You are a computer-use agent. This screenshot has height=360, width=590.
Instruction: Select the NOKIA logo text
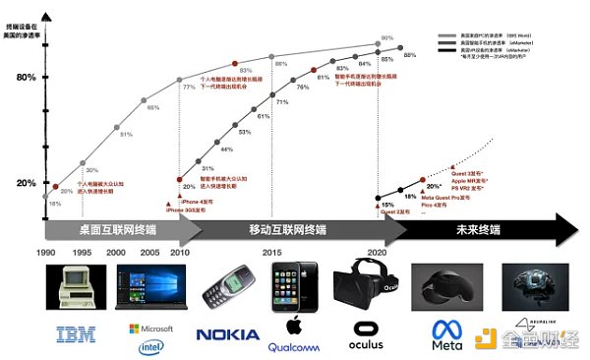coord(228,335)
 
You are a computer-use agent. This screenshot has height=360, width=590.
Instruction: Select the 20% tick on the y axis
coord(26,184)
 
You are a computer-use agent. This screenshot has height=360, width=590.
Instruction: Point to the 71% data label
coord(282,102)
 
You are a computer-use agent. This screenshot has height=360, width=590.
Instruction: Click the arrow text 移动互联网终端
coord(288,228)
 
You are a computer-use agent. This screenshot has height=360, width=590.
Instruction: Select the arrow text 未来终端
coord(479,228)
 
